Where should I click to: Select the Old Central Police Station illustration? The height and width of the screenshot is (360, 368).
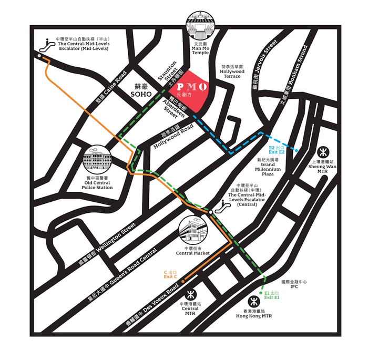tap(98, 158)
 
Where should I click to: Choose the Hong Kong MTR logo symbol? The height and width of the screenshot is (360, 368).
tap(253, 302)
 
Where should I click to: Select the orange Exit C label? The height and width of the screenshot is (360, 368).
tap(170, 274)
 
